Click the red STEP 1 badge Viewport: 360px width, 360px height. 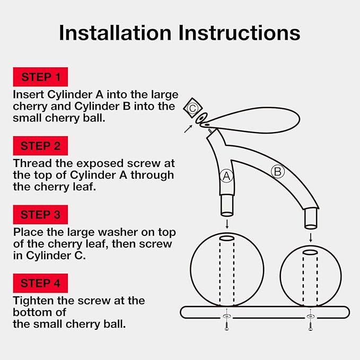point(41,77)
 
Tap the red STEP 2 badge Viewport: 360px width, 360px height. point(41,146)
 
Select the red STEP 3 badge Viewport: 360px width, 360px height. point(41,215)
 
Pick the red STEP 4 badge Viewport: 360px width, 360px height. point(41,283)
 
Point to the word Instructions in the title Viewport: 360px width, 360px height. point(239,33)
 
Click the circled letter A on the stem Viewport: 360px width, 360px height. point(226,177)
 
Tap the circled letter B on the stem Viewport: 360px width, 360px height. point(277,171)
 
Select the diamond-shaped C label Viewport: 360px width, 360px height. point(192,108)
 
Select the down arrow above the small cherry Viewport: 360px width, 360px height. point(311,234)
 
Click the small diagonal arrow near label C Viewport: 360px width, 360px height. point(188,128)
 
